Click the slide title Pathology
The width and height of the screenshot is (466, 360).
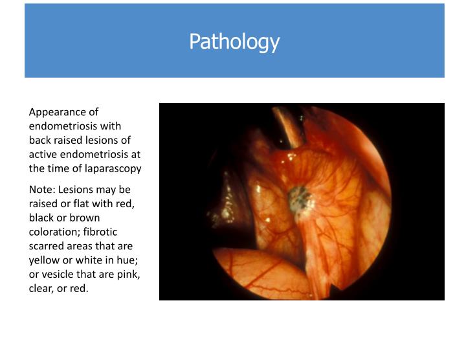[234, 41]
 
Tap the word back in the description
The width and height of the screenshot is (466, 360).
[40, 140]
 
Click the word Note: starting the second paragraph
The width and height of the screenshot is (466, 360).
[43, 189]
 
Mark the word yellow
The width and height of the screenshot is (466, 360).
[43, 260]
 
